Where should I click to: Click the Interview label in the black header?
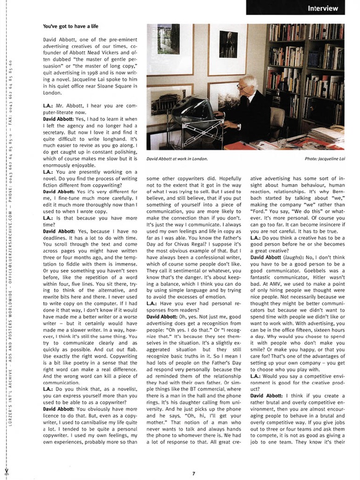(322, 8)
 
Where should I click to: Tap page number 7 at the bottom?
(193, 472)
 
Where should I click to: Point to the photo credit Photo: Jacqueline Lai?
(324, 158)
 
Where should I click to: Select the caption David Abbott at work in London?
(177, 158)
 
